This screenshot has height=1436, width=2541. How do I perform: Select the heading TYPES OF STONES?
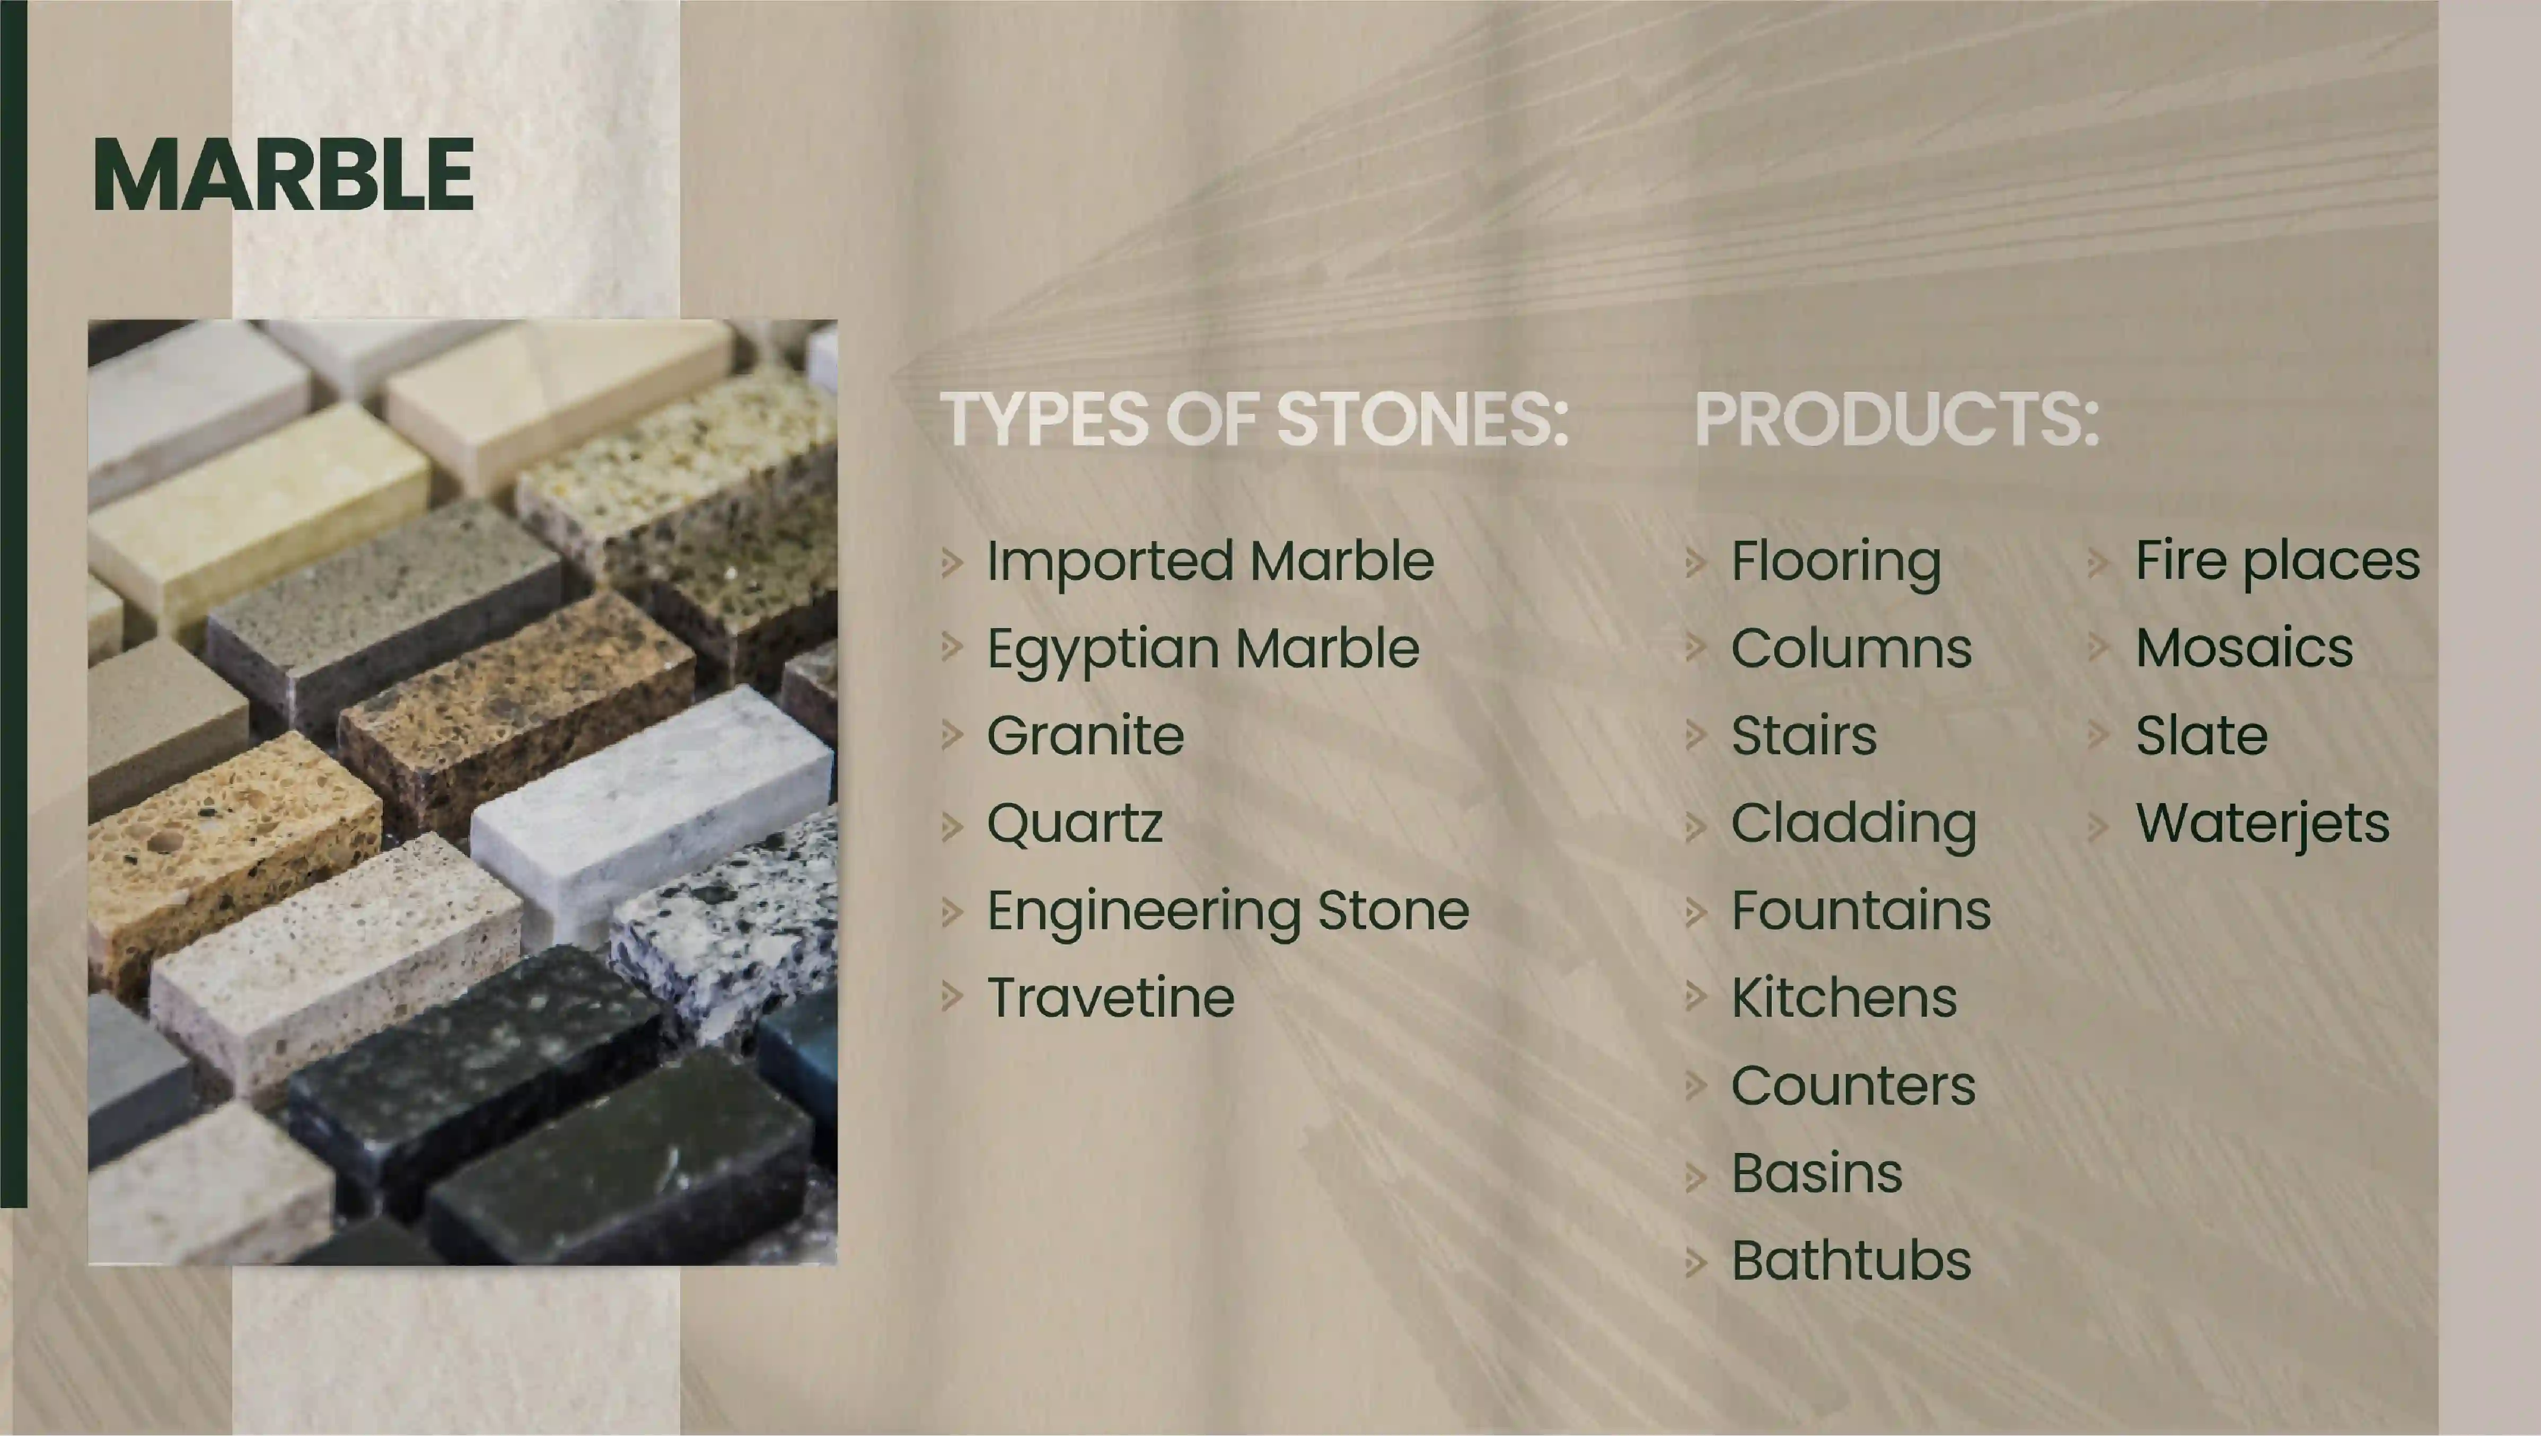pos(1254,419)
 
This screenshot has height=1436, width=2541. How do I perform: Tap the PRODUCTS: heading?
pos(1897,419)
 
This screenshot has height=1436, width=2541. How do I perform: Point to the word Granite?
pos(1086,736)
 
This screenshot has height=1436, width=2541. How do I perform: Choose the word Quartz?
pos(1075,824)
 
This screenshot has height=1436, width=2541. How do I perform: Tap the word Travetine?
pos(1111,998)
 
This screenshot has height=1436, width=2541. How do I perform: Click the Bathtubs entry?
pos(1851,1261)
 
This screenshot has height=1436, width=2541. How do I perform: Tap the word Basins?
pos(1817,1174)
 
